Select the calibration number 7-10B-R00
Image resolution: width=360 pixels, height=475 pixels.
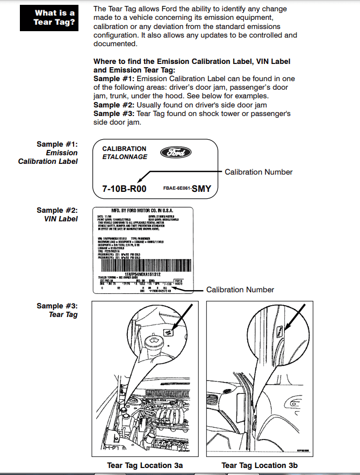click(124, 189)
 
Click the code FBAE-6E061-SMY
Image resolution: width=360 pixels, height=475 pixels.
click(187, 189)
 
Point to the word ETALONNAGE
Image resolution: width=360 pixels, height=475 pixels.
click(125, 157)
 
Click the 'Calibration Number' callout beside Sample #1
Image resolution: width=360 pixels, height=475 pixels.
click(258, 172)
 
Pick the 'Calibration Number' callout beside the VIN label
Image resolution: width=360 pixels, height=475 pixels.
click(240, 290)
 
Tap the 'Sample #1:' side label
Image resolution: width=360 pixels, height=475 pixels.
click(57, 144)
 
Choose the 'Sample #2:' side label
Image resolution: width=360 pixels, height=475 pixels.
click(57, 210)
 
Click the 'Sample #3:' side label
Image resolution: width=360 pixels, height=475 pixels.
click(57, 306)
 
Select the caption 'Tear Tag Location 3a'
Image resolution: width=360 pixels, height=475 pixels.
click(145, 465)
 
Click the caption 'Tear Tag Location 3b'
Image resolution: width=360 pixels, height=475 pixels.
click(260, 465)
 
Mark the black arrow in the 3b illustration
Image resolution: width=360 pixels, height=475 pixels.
click(294, 319)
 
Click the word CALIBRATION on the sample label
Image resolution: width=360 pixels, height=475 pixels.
click(124, 149)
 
